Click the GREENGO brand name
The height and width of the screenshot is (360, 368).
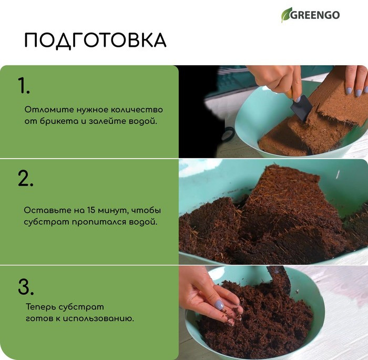click(315, 15)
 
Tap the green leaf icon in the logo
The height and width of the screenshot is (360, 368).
click(286, 15)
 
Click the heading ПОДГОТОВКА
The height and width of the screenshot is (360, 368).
click(95, 40)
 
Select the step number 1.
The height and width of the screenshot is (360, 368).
click(24, 86)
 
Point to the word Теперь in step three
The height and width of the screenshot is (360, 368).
click(40, 307)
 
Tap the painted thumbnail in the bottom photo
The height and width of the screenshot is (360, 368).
click(219, 305)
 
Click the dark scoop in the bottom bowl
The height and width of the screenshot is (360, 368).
click(280, 279)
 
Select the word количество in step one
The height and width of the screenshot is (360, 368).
click(137, 110)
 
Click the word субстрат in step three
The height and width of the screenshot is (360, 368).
click(81, 307)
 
